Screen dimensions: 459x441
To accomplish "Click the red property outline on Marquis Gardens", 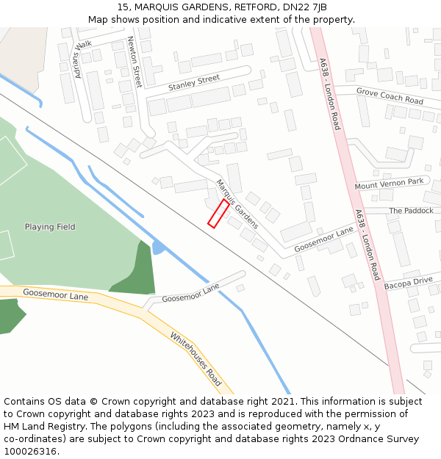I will click(218, 213).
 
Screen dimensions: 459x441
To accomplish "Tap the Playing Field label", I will click(50, 227).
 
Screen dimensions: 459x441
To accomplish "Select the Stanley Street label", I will click(194, 83).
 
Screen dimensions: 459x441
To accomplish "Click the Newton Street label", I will click(135, 62).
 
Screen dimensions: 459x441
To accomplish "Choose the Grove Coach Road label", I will click(390, 95).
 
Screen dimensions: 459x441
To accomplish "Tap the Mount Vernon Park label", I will click(389, 184).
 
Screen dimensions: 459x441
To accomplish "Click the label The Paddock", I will click(411, 211).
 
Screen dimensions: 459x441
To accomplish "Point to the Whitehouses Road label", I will click(196, 359).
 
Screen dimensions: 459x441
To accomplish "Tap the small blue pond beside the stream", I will click(157, 247).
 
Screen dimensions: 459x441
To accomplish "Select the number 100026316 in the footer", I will click(30, 452).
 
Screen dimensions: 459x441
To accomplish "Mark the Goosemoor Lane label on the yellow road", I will click(55, 295).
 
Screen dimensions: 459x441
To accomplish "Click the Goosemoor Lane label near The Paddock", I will click(323, 239).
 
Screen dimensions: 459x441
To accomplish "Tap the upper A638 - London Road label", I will click(330, 95).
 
